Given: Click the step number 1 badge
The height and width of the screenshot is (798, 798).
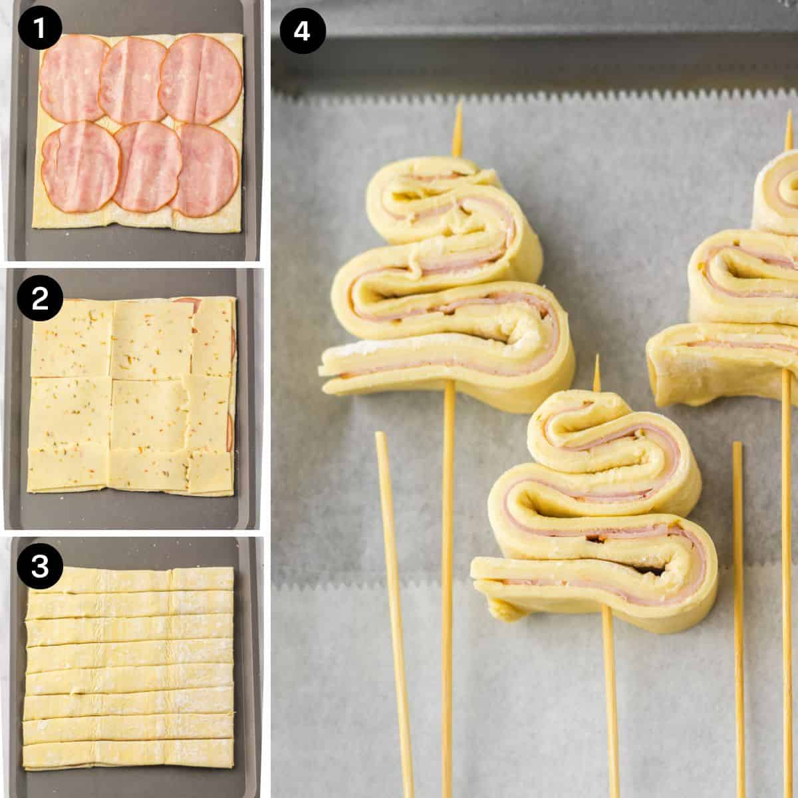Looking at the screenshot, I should tap(40, 30).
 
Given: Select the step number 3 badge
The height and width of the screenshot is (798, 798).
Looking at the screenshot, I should tap(40, 567).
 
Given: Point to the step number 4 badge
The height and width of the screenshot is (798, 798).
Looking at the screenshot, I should tap(303, 30).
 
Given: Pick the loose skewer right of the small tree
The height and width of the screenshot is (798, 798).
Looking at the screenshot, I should tap(737, 598).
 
